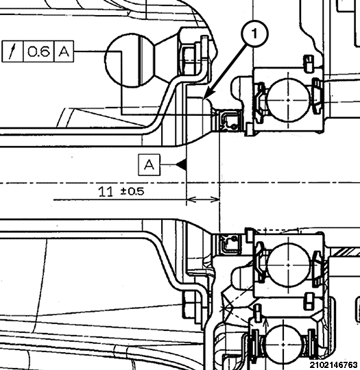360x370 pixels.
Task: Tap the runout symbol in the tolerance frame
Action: (x=14, y=51)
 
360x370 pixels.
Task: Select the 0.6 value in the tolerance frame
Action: (x=38, y=51)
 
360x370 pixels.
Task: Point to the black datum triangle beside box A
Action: (x=181, y=164)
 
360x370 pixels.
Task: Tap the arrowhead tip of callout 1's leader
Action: (x=206, y=97)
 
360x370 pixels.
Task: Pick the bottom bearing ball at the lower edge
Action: (x=287, y=342)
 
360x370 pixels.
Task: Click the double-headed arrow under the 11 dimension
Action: (x=203, y=200)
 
